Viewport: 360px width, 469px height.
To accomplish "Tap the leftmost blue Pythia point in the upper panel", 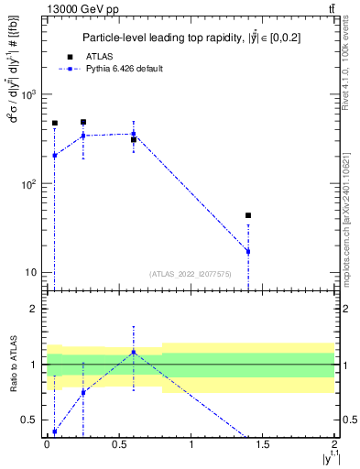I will (x=54, y=155).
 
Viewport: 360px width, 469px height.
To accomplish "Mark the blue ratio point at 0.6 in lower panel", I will (x=134, y=352).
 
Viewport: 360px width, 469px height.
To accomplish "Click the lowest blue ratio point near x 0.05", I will (x=54, y=431).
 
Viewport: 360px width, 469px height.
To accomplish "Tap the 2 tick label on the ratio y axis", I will (x=35, y=310).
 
